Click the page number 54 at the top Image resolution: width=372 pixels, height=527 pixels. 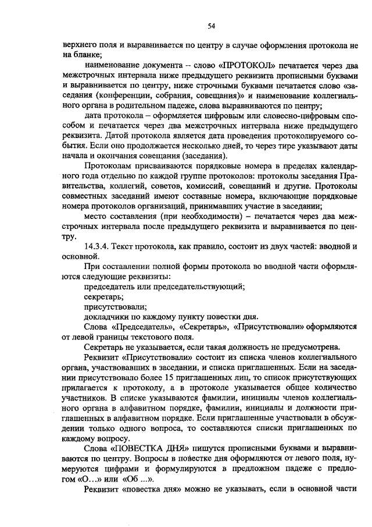pos(212,25)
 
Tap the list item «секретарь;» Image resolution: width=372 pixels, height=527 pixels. pos(100,296)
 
